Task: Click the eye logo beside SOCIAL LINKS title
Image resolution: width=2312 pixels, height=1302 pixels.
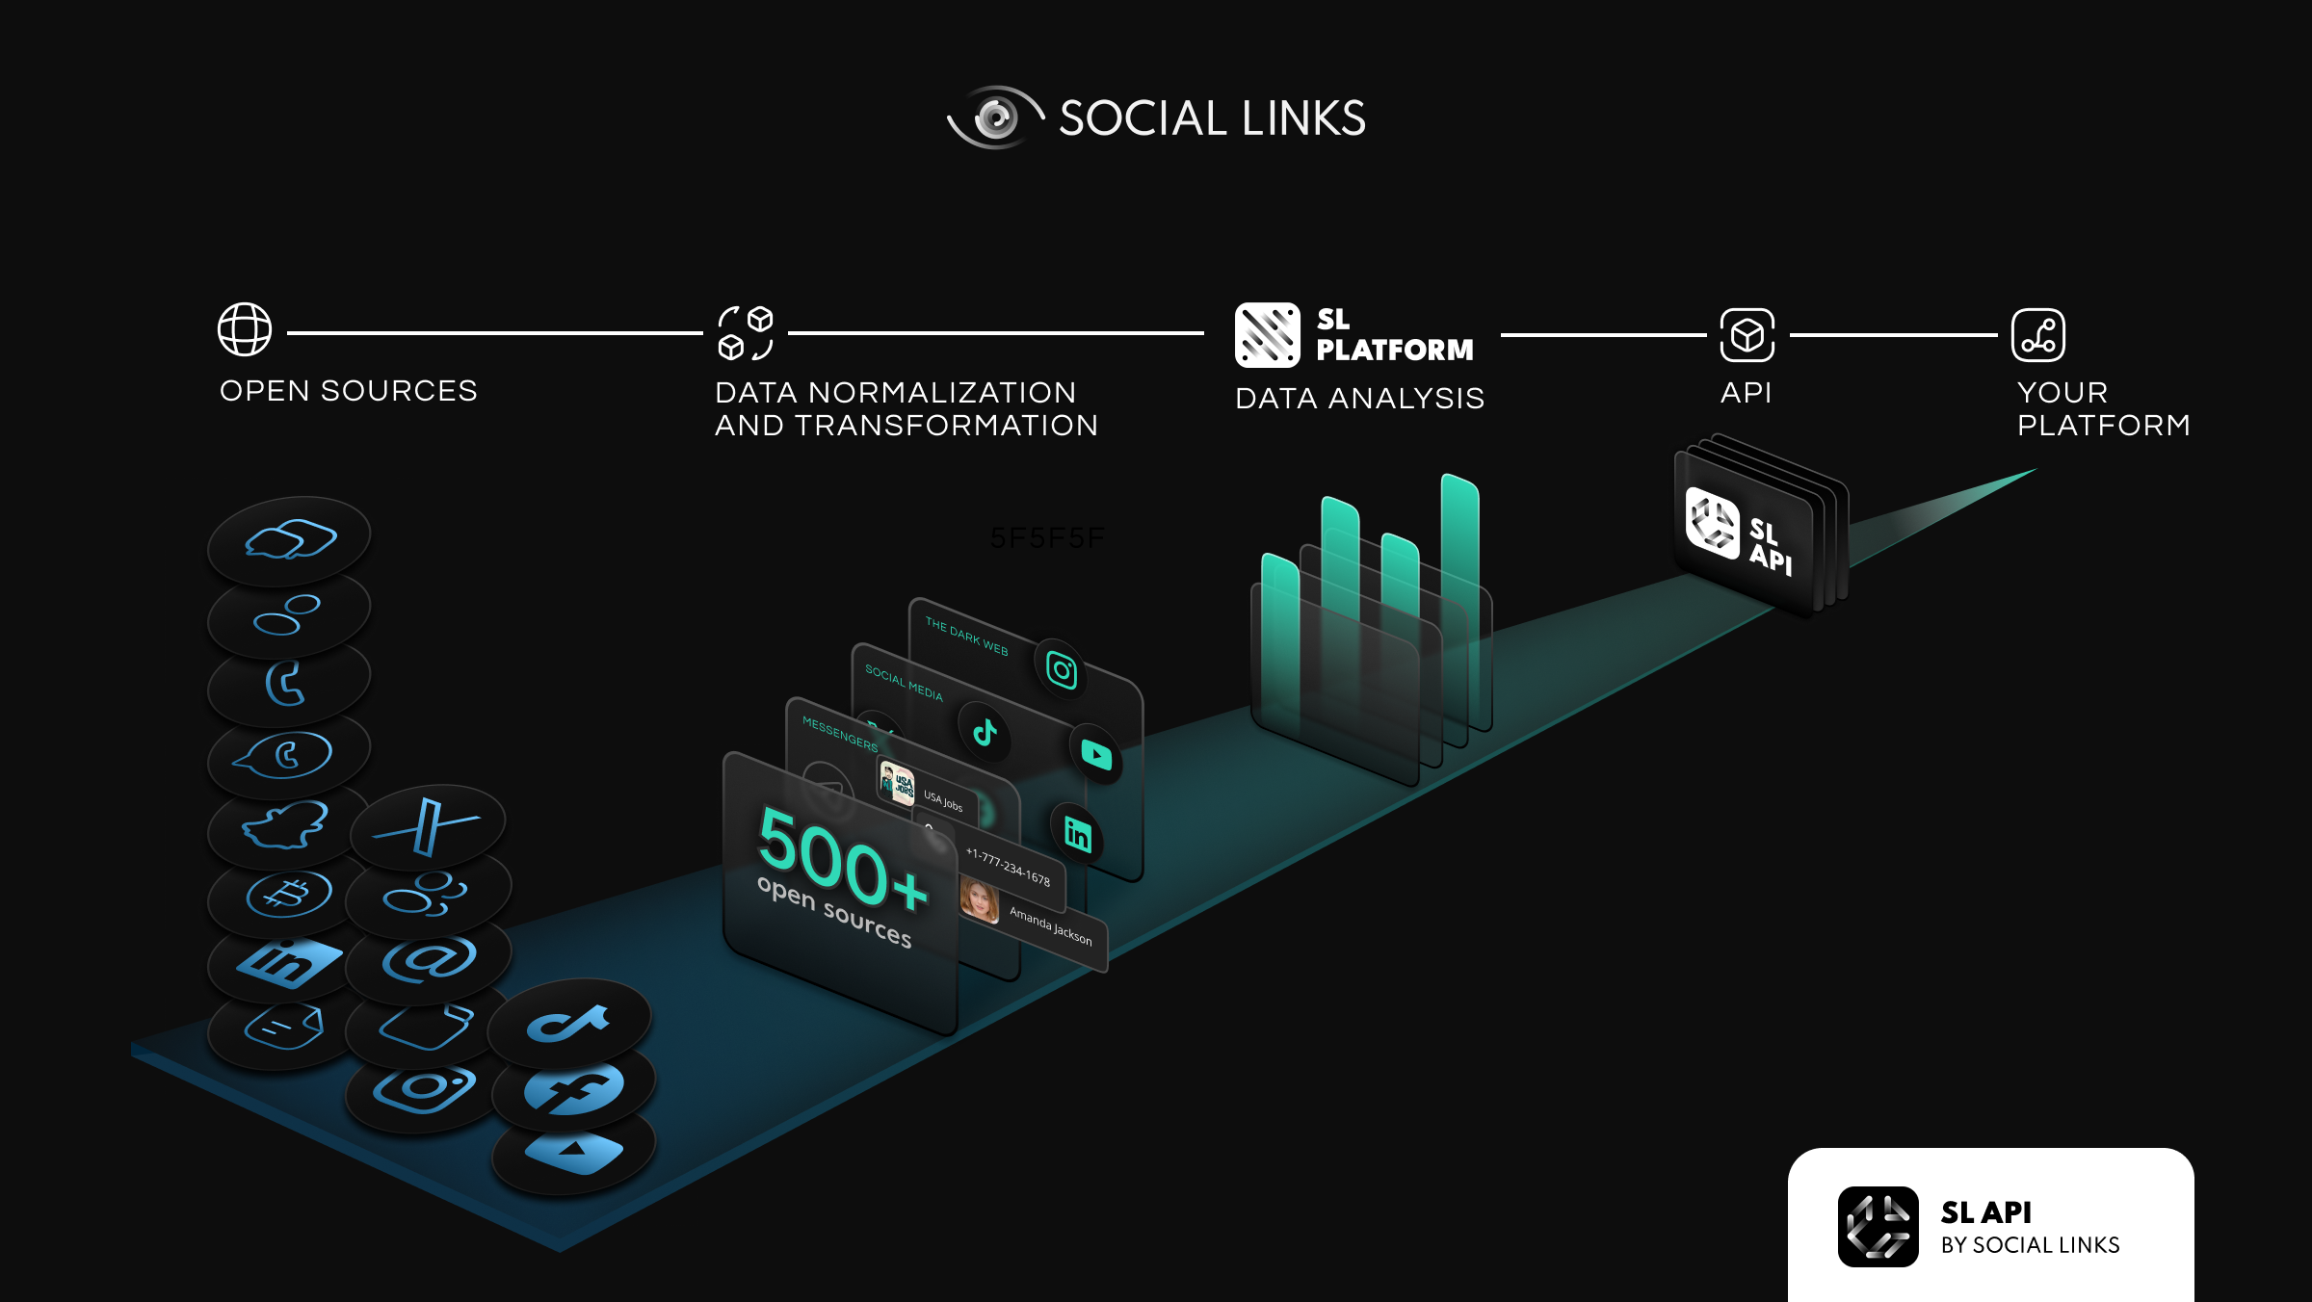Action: click(996, 118)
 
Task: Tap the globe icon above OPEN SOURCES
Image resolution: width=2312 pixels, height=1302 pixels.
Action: click(245, 329)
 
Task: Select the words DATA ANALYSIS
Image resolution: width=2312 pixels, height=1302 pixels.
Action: click(1359, 399)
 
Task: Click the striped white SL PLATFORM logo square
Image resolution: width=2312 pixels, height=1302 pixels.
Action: click(1267, 335)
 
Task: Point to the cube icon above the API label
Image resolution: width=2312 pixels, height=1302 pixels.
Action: click(1747, 335)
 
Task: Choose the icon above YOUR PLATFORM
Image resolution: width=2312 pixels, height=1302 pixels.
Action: click(2037, 335)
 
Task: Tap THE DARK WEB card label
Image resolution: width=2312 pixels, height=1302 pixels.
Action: click(966, 637)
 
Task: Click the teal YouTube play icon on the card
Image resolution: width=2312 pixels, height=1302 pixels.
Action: click(1096, 754)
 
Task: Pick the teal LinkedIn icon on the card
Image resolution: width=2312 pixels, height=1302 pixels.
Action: click(1077, 834)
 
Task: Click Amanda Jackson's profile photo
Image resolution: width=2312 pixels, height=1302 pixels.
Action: click(980, 900)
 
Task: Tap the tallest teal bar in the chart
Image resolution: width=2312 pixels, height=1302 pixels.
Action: click(1459, 539)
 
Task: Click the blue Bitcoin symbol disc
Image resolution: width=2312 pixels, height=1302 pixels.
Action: click(289, 895)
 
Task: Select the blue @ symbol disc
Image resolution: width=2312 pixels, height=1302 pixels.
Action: click(429, 959)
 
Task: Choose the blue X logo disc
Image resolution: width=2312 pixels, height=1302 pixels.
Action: click(427, 825)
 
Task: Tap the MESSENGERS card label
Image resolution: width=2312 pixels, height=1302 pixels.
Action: click(840, 735)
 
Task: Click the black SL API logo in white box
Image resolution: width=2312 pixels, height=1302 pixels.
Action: click(1878, 1226)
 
